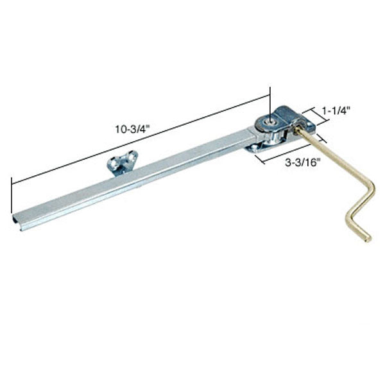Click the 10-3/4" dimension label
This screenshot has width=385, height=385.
pos(132,128)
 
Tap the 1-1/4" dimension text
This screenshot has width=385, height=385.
pos(336,110)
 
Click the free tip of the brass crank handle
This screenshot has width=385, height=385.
pos(368,239)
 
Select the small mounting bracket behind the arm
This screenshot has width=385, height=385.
pos(119,164)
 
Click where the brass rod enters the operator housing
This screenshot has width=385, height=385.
pos(297,129)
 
